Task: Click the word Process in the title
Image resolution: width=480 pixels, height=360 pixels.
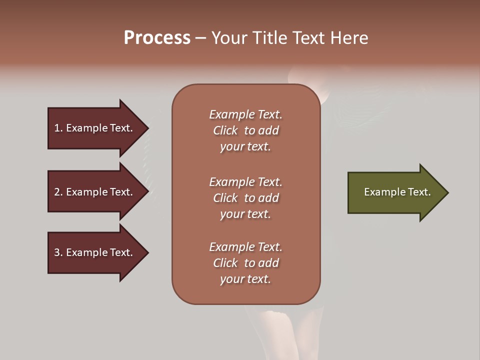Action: click(157, 38)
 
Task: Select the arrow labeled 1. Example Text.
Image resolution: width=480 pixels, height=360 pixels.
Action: click(95, 128)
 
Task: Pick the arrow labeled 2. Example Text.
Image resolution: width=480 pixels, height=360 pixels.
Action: click(95, 192)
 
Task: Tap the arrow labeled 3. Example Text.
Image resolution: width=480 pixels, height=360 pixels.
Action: click(95, 252)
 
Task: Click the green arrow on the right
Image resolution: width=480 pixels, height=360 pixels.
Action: click(395, 192)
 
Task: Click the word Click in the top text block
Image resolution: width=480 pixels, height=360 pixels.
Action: click(225, 130)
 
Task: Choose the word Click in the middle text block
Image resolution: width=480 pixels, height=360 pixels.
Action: click(225, 198)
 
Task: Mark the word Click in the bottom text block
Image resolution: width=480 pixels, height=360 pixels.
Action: click(225, 263)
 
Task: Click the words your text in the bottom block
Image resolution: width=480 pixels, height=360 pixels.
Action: click(245, 279)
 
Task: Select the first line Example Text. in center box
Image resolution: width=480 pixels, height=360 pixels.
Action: click(245, 114)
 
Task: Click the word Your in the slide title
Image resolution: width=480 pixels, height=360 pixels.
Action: click(227, 38)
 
